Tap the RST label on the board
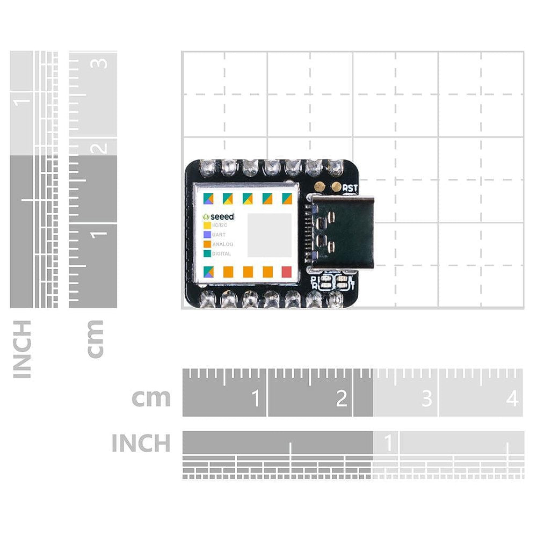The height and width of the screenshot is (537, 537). pos(351,187)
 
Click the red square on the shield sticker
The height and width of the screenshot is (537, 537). pos(287,272)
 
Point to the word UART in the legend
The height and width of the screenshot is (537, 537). pos(219,235)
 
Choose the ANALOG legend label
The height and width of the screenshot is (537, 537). pos(222,244)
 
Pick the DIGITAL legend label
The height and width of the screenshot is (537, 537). pos(221,253)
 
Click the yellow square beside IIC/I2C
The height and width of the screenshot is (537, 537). pos(207,226)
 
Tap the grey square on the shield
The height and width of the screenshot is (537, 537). pos(269,235)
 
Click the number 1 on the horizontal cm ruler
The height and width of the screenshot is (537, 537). pos(256,399)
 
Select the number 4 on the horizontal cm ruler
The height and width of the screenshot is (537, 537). pos(512,399)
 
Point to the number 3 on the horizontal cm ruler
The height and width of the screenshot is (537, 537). pos(426,399)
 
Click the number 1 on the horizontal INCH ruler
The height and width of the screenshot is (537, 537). pos(387,444)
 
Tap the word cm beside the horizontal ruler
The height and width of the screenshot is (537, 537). pos(151,398)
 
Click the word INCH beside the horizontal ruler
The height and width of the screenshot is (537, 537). pos(141,444)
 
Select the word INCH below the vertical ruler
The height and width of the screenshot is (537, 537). pos(22,349)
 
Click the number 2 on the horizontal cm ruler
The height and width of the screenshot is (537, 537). pos(342,399)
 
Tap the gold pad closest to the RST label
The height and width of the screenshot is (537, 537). pos(337,187)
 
